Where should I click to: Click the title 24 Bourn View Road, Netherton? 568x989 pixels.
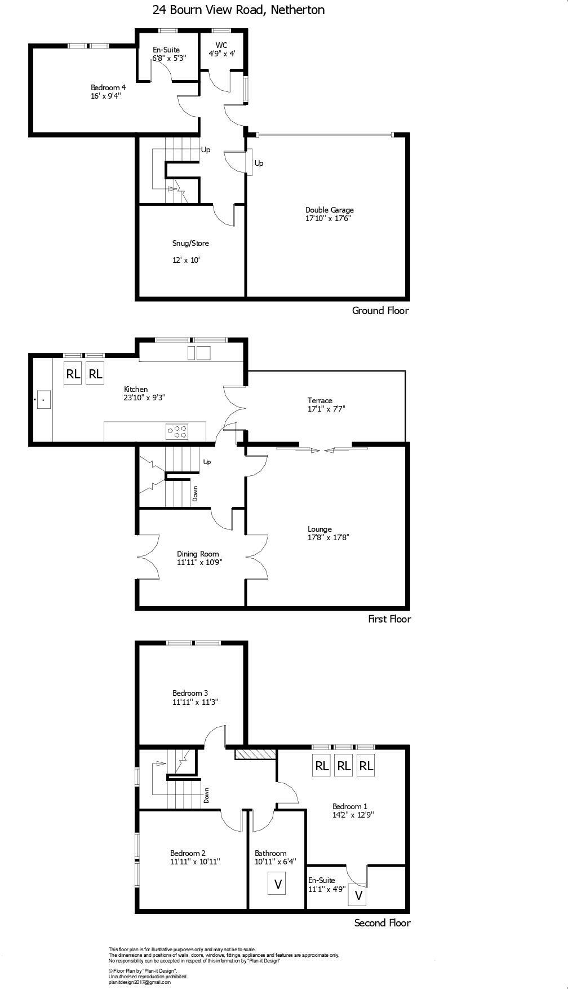tap(238, 10)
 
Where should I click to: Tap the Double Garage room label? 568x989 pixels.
tap(330, 210)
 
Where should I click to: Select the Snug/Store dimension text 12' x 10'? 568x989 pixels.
tap(186, 260)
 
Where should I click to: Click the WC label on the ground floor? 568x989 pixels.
tap(221, 45)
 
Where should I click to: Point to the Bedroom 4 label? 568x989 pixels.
tap(108, 87)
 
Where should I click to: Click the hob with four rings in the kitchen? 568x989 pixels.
tap(177, 432)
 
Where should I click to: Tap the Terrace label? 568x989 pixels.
tap(319, 400)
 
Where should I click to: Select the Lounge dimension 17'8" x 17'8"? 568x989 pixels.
tap(328, 537)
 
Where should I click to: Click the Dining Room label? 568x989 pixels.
tap(198, 554)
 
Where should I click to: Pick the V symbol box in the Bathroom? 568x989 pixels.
tap(277, 884)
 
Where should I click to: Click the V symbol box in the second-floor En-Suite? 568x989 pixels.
tap(358, 895)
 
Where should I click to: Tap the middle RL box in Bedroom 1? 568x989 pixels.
tap(344, 766)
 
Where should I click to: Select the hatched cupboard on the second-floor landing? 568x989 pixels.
tap(255, 754)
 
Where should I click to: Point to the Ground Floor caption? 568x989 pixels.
tap(380, 310)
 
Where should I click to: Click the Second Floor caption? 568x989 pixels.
tap(382, 922)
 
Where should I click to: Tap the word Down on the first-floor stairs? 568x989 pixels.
tap(195, 494)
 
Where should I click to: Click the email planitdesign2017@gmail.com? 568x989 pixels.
tap(139, 982)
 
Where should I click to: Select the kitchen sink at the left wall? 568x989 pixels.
tap(43, 399)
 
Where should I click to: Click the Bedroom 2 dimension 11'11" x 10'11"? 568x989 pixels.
tap(195, 861)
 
